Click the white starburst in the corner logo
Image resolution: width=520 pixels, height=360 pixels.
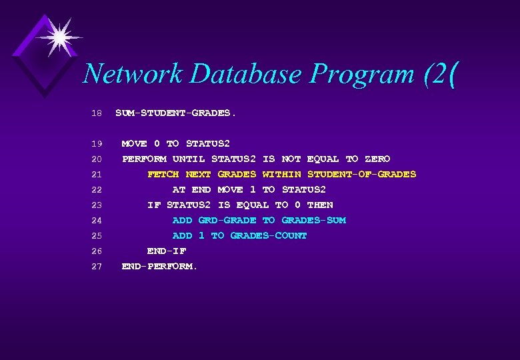pyautogui.click(x=58, y=37)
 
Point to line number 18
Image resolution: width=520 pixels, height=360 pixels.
pyautogui.click(x=96, y=113)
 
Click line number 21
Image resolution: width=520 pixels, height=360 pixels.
pyautogui.click(x=96, y=175)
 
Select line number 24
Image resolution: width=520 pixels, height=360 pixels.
pyautogui.click(x=96, y=221)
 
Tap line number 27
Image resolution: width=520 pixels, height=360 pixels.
pyautogui.click(x=96, y=267)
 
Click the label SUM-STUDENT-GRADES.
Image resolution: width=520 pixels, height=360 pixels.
pyautogui.click(x=175, y=113)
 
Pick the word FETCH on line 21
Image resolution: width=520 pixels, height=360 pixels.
pyautogui.click(x=163, y=174)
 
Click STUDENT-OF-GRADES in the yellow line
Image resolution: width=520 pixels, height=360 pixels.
pyautogui.click(x=361, y=174)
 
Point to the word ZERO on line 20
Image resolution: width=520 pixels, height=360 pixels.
pyautogui.click(x=377, y=159)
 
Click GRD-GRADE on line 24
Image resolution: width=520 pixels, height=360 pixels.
pyautogui.click(x=227, y=220)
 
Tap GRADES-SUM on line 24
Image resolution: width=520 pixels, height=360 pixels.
pyautogui.click(x=313, y=220)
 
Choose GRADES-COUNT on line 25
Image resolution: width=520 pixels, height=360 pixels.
pyautogui.click(x=269, y=235)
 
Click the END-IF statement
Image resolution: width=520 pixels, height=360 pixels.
pyautogui.click(x=167, y=251)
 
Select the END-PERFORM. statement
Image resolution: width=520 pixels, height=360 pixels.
pyautogui.click(x=160, y=266)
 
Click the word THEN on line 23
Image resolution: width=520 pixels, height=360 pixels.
pyautogui.click(x=320, y=205)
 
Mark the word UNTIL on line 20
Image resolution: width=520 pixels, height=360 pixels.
pyautogui.click(x=189, y=159)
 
